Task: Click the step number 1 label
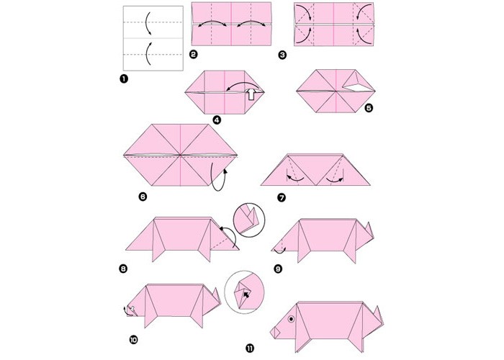click(x=123, y=78)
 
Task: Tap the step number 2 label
click(x=194, y=54)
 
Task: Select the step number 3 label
click(x=282, y=55)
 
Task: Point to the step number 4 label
click(x=217, y=120)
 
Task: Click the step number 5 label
click(x=369, y=108)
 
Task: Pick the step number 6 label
click(x=143, y=197)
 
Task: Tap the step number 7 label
click(x=282, y=198)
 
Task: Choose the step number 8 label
click(x=123, y=269)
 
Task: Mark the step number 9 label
click(x=278, y=269)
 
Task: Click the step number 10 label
click(x=133, y=339)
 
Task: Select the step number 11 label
click(x=250, y=348)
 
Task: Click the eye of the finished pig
click(x=291, y=319)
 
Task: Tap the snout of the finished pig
click(x=275, y=333)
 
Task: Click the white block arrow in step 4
click(x=251, y=94)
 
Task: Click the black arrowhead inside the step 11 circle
click(x=246, y=294)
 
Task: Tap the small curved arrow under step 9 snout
click(x=279, y=251)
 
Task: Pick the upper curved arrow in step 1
click(x=146, y=22)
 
